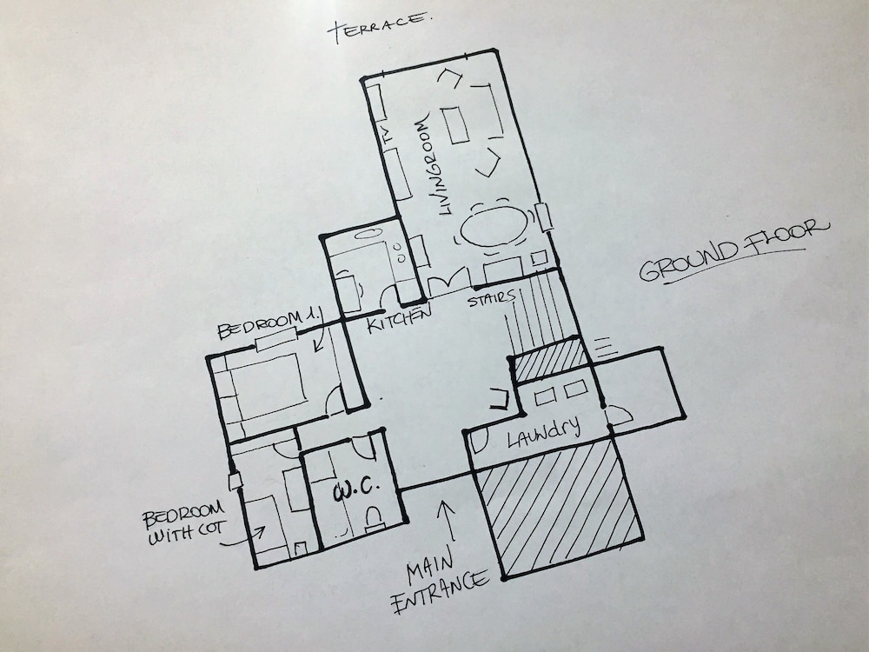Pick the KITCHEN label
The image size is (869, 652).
pos(400,319)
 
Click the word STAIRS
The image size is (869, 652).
pos(491,299)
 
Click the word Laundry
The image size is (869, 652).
pos(544,431)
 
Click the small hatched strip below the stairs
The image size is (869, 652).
pos(549,360)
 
